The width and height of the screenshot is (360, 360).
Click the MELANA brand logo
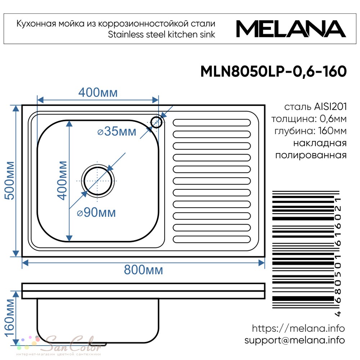click(x=291, y=29)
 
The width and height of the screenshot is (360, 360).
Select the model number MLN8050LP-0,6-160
click(x=274, y=71)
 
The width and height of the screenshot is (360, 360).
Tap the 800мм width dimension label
click(x=144, y=270)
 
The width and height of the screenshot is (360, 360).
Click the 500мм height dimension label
click(x=10, y=180)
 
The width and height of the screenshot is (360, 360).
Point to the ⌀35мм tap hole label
click(x=117, y=131)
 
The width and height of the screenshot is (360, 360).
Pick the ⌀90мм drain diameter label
click(x=96, y=212)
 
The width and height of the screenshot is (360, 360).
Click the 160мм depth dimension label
click(x=10, y=318)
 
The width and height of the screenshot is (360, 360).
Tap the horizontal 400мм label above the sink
click(x=98, y=93)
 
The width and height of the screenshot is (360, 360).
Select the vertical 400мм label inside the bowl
click(x=62, y=180)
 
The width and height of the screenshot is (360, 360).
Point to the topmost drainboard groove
click(x=211, y=123)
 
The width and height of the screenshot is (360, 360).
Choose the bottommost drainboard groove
click(x=211, y=239)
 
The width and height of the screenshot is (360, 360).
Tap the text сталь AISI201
click(x=315, y=107)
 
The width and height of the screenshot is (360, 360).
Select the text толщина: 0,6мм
click(x=309, y=119)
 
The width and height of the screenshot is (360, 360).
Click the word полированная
click(x=311, y=155)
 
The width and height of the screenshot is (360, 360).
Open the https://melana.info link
click(x=298, y=328)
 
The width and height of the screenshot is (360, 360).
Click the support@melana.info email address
click(x=294, y=340)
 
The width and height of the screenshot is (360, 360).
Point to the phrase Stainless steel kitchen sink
click(x=162, y=35)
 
